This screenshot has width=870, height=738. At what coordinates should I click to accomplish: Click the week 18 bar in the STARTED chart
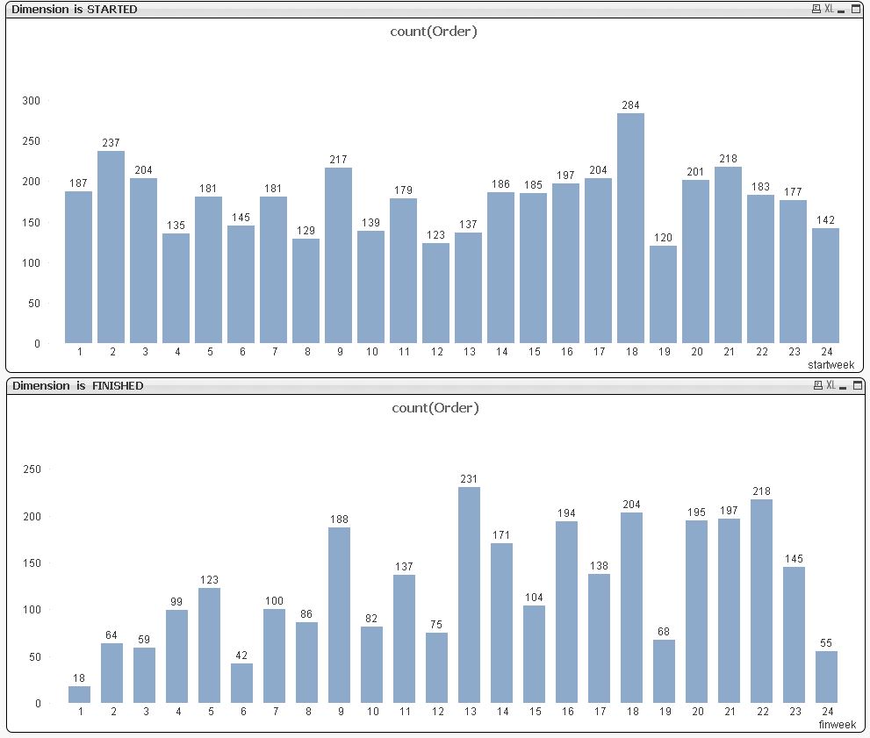pos(630,228)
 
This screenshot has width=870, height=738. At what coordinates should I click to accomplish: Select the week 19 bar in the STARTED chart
pos(663,294)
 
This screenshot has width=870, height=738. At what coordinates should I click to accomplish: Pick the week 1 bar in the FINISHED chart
pos(79,694)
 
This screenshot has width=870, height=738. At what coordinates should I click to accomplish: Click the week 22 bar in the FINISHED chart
pos(761,601)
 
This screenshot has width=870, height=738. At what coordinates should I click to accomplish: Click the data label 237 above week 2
pos(111,144)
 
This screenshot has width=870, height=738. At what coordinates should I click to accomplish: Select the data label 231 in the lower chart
pos(469,479)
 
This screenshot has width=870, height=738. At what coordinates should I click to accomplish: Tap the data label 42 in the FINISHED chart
pos(241,656)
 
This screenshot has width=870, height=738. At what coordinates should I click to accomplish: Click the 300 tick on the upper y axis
pos(32,101)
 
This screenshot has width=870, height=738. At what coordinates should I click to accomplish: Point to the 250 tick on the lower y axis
pos(32,469)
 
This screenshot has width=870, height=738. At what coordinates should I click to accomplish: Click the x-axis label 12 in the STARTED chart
pos(436,352)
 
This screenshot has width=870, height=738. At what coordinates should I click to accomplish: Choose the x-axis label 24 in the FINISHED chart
pos(826,712)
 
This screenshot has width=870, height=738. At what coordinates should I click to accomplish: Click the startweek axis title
pos(830,364)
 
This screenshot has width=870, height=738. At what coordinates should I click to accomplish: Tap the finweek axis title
pos(837,725)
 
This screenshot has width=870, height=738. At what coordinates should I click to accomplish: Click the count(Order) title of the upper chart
pos(434,32)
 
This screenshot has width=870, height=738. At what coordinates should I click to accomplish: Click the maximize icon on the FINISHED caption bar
pos(856,386)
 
